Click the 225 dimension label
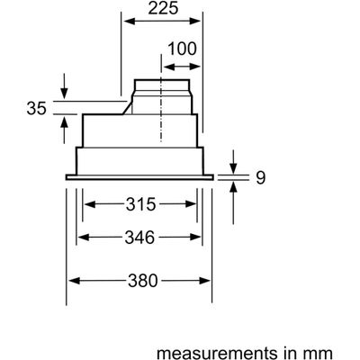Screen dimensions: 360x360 click(x=163, y=8)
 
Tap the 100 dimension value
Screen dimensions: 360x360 click(x=182, y=49)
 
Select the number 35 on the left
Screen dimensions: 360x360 click(x=37, y=108)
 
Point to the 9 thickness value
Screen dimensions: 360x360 click(x=260, y=178)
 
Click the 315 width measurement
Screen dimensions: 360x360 click(x=140, y=204)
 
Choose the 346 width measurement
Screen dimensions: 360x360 click(x=139, y=238)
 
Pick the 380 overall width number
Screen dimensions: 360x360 click(x=143, y=281)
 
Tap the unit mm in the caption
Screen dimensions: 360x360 click(x=323, y=354)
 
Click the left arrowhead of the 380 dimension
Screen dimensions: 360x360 click(x=74, y=281)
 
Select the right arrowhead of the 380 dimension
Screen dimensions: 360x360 click(x=204, y=281)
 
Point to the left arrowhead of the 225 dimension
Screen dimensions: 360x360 click(x=129, y=22)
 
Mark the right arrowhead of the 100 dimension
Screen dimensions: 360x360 click(x=194, y=67)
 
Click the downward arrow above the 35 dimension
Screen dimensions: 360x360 click(x=64, y=85)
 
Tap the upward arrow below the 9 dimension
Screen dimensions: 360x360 click(x=233, y=203)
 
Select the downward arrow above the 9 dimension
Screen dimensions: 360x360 click(x=233, y=161)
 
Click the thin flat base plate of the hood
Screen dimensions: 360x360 click(x=139, y=177)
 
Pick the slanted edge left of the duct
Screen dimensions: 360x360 click(x=127, y=108)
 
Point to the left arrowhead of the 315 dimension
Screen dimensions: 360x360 click(x=90, y=204)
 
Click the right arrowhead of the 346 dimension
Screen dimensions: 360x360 click(x=195, y=238)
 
